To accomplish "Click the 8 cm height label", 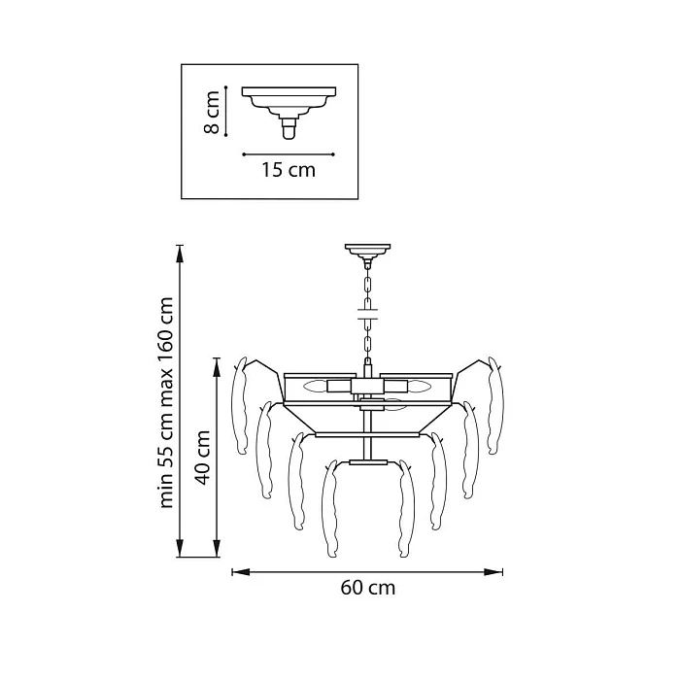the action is pos(212,112).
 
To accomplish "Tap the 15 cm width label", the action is pos(288,170).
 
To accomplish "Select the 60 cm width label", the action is pos(368,588).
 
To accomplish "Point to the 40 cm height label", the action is pos(202,458).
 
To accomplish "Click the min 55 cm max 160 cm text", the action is pos(166,403).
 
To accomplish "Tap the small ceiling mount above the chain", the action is pos(368,252).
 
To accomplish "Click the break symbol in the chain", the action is pos(368,314).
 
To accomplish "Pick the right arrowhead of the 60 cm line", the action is pos(493,572).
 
